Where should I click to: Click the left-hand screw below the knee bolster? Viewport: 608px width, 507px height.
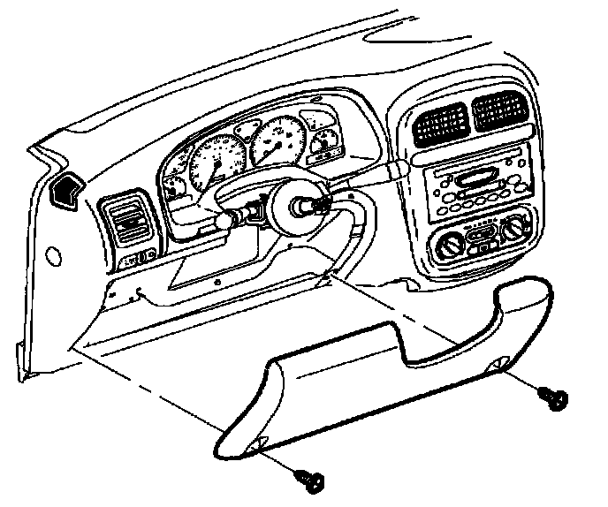click(311, 479)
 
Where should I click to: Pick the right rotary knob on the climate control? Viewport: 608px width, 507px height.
click(516, 232)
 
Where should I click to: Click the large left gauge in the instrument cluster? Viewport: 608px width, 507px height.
click(213, 159)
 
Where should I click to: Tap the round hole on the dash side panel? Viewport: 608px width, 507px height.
click(56, 257)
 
